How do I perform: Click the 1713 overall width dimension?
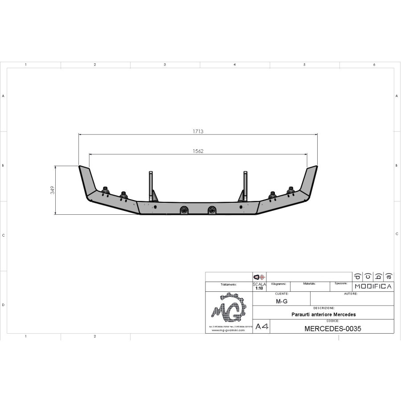coord(198,131)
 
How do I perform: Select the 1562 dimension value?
coord(198,151)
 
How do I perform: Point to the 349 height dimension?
coord(52,190)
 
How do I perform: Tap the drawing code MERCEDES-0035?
coord(332,329)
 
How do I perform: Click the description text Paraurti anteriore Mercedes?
coord(323,314)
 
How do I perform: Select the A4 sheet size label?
coord(262,327)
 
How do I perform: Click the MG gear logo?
coord(229,308)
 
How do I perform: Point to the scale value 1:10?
coord(259,288)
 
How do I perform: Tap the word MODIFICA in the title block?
coord(373,286)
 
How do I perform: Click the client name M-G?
coord(281,301)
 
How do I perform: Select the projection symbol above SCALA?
coord(259,277)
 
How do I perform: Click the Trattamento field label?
coord(229,284)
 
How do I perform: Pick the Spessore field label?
coord(341,283)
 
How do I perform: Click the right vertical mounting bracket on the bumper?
coord(245,186)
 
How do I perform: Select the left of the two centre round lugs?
coord(184,210)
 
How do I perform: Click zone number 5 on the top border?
coord(304,65)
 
